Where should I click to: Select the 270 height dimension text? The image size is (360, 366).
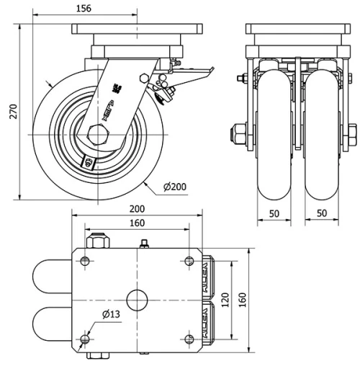[9, 112]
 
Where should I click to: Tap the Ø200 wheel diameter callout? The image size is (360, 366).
[175, 187]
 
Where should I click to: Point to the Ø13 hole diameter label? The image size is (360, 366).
[110, 313]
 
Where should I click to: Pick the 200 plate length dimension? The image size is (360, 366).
[137, 209]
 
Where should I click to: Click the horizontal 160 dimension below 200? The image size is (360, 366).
[137, 223]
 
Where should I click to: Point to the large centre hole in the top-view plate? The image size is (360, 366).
[137, 298]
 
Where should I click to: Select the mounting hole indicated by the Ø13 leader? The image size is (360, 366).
[86, 339]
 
